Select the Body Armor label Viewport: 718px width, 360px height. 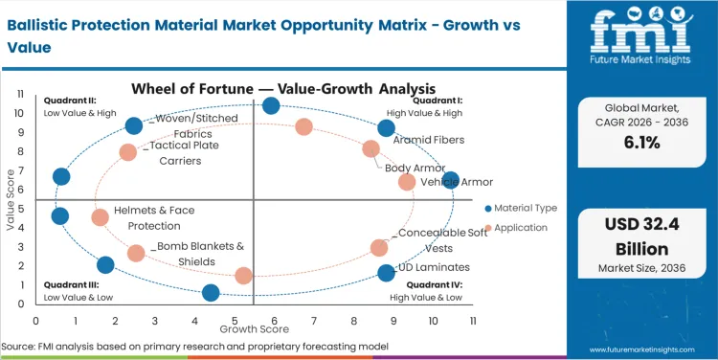(x=415, y=169)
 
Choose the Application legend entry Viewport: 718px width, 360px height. (x=521, y=228)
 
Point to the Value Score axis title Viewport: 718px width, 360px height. (x=11, y=201)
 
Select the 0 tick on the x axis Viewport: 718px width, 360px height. (x=36, y=321)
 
